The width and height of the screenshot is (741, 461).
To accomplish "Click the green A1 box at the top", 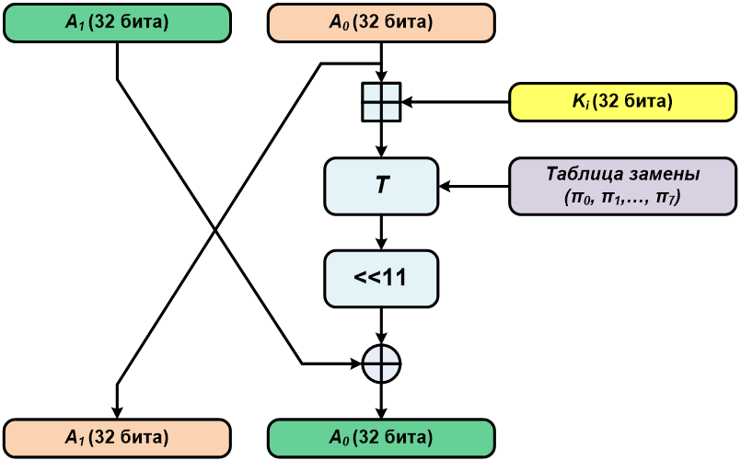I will tap(116, 23).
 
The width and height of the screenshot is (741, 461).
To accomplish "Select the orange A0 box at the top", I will tap(381, 23).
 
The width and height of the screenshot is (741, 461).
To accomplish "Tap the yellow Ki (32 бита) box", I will tap(623, 101).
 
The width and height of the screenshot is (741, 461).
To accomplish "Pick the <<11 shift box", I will tap(381, 277).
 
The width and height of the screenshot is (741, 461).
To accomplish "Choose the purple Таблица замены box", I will tap(623, 186).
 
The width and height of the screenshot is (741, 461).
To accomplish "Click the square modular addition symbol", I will tap(381, 101).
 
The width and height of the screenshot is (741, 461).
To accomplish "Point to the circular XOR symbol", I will tap(381, 363).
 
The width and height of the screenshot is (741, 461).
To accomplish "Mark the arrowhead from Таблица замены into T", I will tap(445, 187).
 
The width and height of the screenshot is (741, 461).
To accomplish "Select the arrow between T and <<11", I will tap(381, 232).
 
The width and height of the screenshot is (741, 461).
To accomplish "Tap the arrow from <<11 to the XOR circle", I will tap(381, 327).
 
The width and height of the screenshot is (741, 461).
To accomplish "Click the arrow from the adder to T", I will tap(381, 141).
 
